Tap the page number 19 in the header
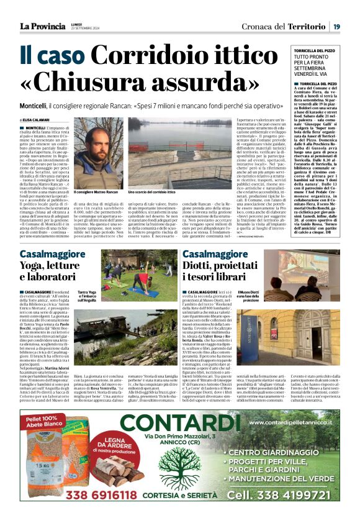coord(336,27)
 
